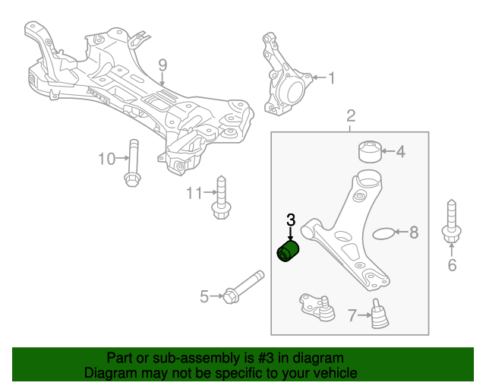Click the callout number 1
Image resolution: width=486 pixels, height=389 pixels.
pyautogui.click(x=330, y=77)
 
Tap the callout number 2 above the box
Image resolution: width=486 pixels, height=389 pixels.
pyautogui.click(x=351, y=115)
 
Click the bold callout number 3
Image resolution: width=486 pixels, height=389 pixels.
pyautogui.click(x=290, y=220)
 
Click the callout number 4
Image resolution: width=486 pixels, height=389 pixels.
pyautogui.click(x=400, y=152)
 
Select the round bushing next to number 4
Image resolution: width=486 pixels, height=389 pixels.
pyautogui.click(x=370, y=150)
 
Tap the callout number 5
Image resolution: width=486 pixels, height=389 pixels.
pyautogui.click(x=204, y=297)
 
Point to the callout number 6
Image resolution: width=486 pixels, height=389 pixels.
pyautogui.click(x=452, y=265)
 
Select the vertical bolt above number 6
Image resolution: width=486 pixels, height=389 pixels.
pyautogui.click(x=450, y=223)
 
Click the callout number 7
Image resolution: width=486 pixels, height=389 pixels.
pyautogui.click(x=352, y=315)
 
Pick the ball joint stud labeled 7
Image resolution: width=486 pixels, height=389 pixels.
pyautogui.click(x=379, y=315)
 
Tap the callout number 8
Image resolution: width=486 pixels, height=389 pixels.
pyautogui.click(x=414, y=232)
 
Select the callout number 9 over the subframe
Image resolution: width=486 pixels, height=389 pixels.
pyautogui.click(x=162, y=65)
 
